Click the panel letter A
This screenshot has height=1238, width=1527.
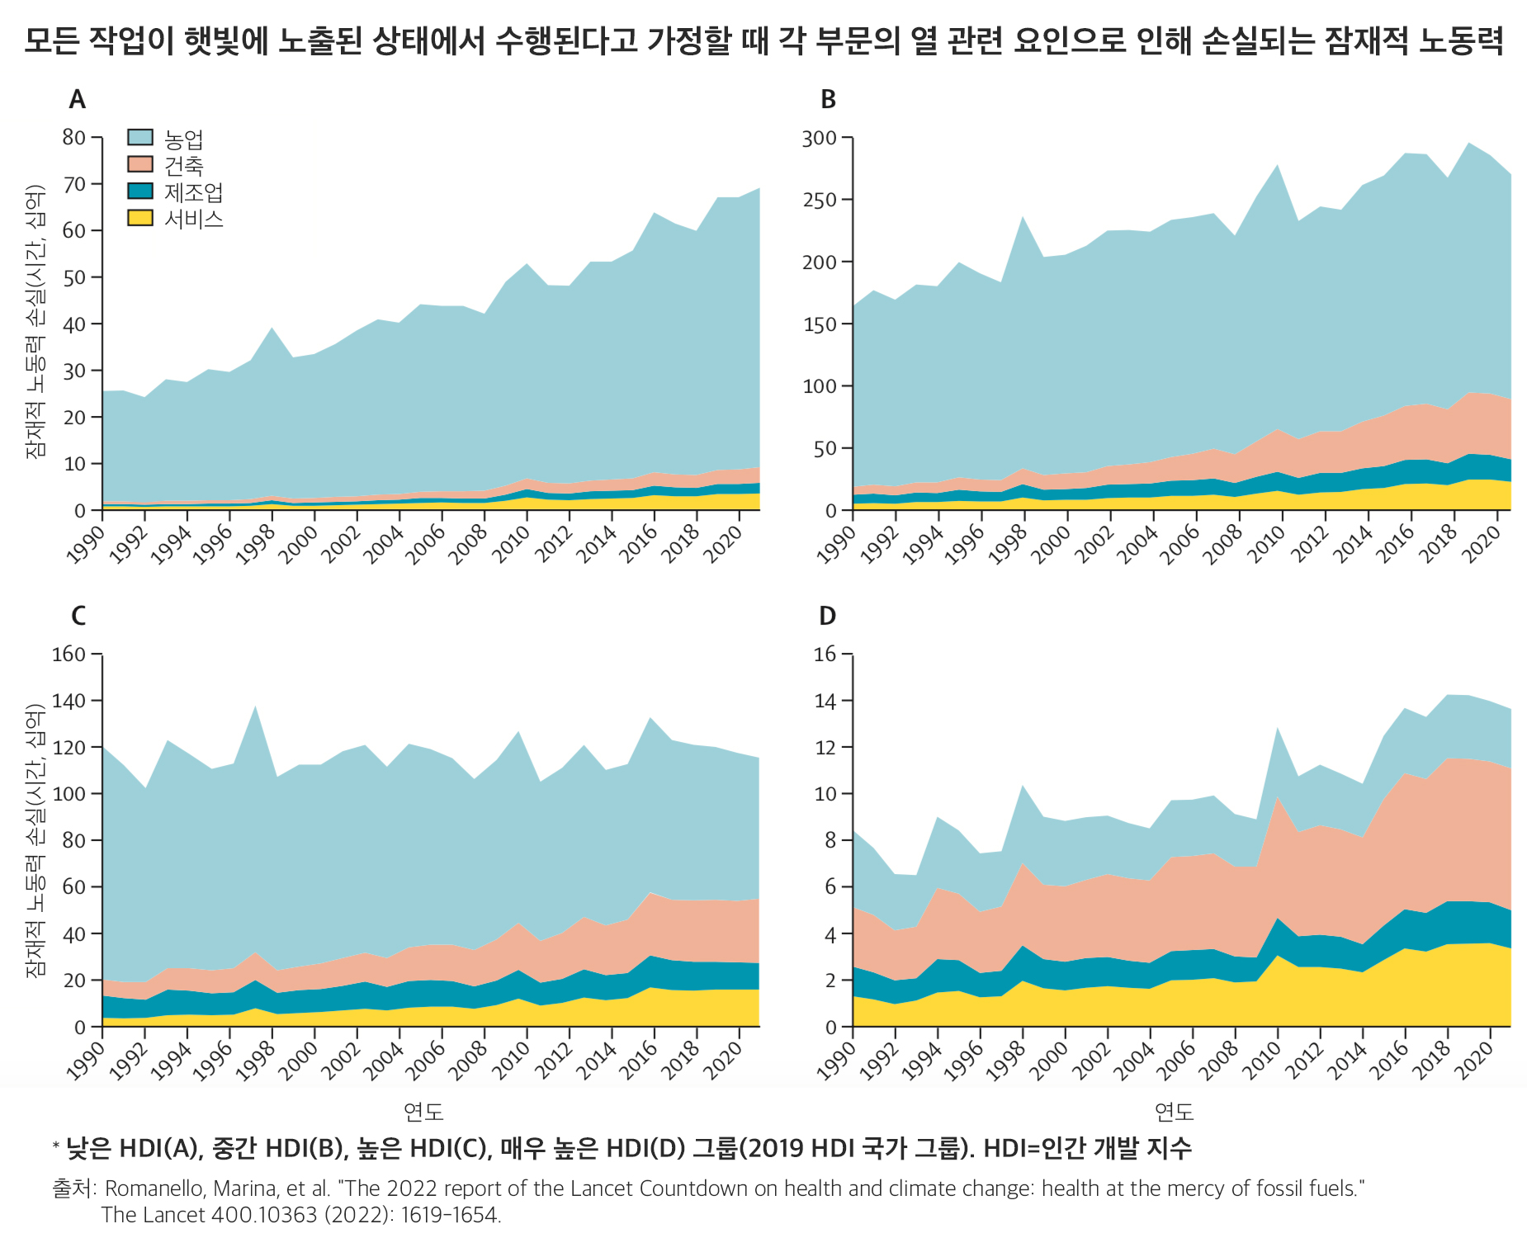(x=77, y=100)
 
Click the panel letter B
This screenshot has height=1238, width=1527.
(x=828, y=100)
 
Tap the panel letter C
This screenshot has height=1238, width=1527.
(x=78, y=616)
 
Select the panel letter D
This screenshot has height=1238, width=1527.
(x=827, y=616)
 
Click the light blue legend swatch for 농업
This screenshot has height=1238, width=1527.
(x=140, y=138)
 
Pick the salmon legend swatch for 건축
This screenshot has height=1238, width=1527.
(x=140, y=164)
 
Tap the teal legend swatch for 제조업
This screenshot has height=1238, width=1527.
(x=140, y=191)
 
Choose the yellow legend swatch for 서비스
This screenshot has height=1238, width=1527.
(x=140, y=218)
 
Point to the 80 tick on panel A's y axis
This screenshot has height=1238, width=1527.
(x=74, y=137)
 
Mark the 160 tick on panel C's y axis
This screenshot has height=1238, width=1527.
(x=69, y=654)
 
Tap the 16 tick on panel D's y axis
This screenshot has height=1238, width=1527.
(x=825, y=654)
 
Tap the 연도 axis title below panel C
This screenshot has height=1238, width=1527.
(x=423, y=1112)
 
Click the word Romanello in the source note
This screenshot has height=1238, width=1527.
(x=154, y=1188)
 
